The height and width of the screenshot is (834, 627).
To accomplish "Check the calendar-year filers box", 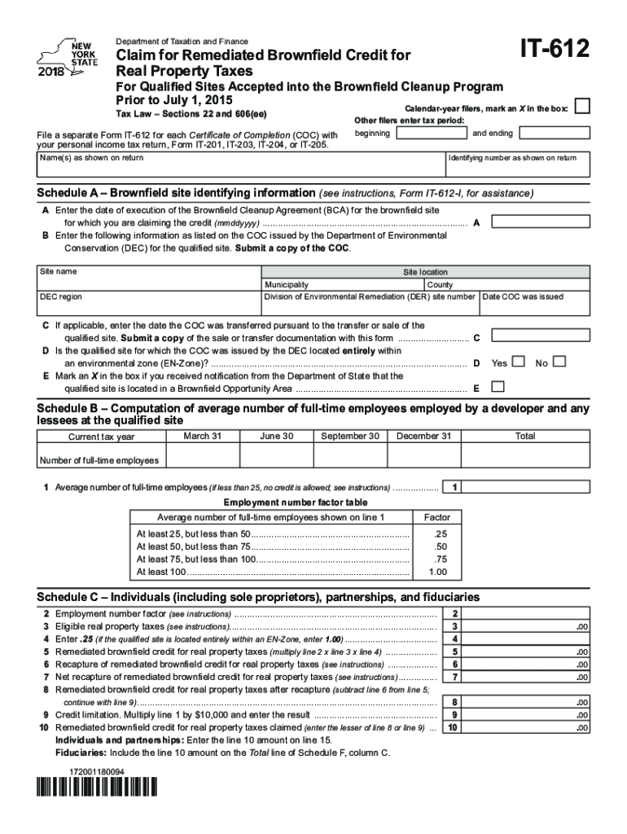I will tap(582, 107).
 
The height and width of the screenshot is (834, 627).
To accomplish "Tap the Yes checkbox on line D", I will tap(519, 362).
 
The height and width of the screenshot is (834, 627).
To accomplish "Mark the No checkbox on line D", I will tap(559, 362).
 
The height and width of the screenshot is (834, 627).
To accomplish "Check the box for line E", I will tap(498, 387).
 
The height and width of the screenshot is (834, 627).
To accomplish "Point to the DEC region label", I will tap(61, 297).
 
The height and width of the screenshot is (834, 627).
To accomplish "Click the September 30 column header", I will tap(349, 437).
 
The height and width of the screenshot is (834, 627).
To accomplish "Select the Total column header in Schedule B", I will tap(525, 437).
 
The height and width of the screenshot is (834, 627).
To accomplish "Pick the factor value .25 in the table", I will tap(441, 533).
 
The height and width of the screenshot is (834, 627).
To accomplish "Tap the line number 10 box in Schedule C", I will tap(454, 727).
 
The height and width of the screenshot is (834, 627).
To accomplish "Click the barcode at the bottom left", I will tap(95, 789).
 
